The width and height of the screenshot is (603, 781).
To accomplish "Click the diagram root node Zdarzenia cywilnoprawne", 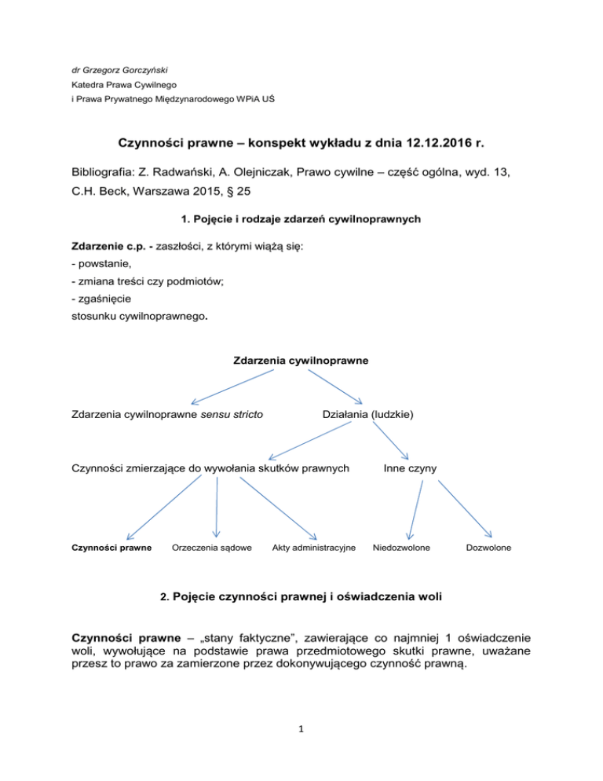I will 301,361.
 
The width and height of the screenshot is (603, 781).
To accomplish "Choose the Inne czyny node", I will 410,469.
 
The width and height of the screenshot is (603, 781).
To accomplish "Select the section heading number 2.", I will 163,596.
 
